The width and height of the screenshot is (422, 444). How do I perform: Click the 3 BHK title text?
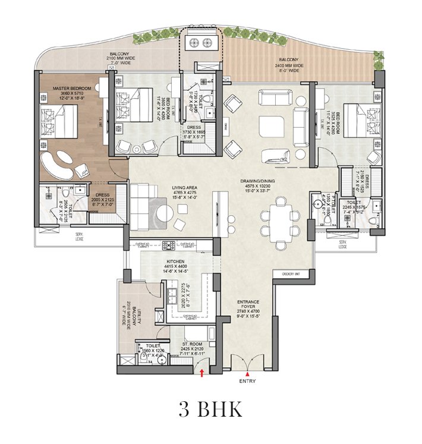point(210,411)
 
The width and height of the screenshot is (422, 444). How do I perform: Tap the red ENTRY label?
point(247,381)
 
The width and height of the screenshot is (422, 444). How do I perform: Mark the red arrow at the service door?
point(203,373)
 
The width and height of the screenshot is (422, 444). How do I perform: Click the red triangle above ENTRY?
point(247,374)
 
